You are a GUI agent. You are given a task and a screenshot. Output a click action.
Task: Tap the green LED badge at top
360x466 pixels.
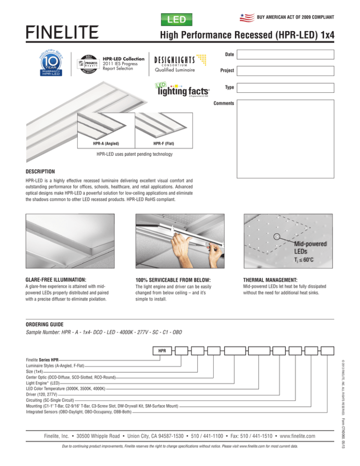[x=177, y=20]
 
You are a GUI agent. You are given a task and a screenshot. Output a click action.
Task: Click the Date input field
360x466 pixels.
[x=285, y=54]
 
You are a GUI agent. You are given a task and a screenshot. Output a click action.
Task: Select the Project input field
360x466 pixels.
[x=285, y=71]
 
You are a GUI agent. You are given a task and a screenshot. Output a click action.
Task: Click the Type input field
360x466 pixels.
[x=285, y=88]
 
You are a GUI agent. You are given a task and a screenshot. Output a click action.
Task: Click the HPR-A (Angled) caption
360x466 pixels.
[x=105, y=143]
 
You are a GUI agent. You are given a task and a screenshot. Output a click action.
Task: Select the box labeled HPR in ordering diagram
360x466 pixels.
[x=162, y=350]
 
